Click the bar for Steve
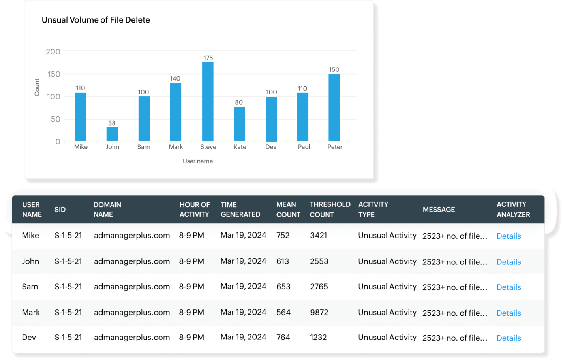tap(208, 101)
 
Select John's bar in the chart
tap(112, 134)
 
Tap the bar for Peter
tap(334, 107)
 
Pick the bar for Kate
tap(239, 124)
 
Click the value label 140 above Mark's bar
tap(175, 79)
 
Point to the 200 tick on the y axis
tap(53, 52)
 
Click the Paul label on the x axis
tap(304, 147)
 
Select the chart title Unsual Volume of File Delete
tap(96, 20)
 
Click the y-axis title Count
tap(37, 87)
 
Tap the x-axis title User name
tap(198, 161)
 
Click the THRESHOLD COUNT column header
tap(330, 210)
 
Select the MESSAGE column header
tap(439, 210)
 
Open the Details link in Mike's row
tap(509, 236)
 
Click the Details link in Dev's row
tap(509, 338)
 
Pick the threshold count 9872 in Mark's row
tap(319, 312)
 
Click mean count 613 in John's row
tap(283, 261)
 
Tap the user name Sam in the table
tap(30, 287)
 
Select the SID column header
tap(60, 210)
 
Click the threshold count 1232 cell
tap(318, 337)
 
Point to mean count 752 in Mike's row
tap(283, 236)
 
